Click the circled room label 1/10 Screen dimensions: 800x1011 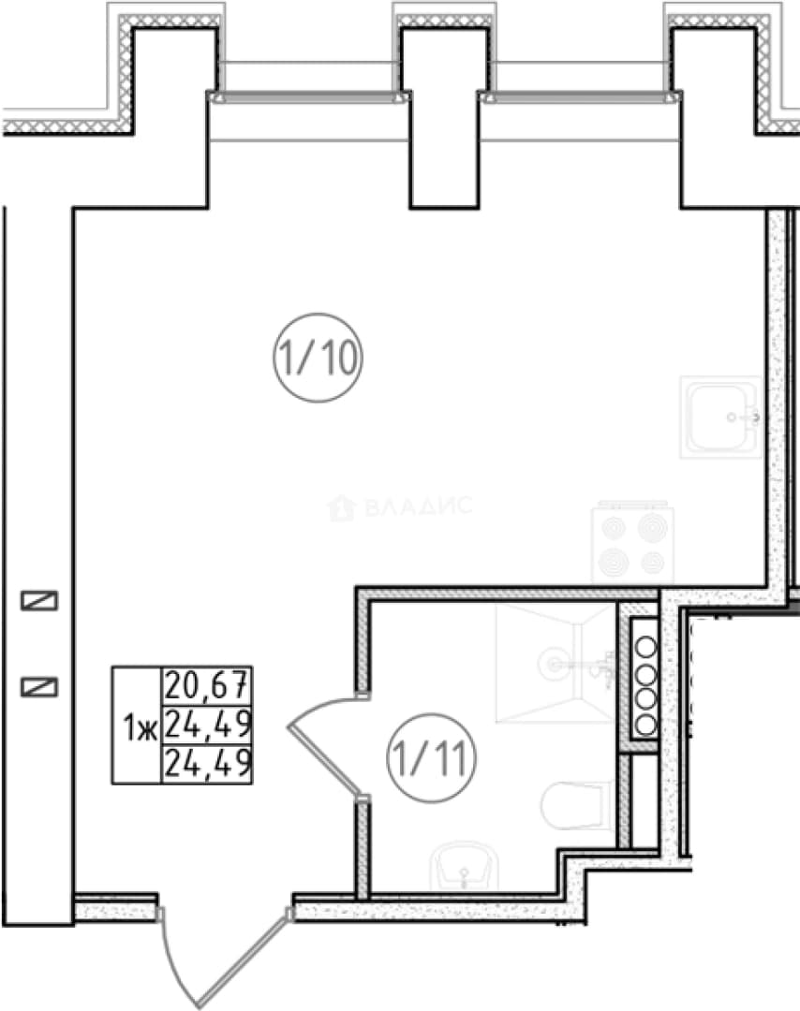[x=319, y=358]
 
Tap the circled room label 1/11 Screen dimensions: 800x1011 [x=431, y=757]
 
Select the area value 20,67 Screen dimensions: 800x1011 [x=207, y=685]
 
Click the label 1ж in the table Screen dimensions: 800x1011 [x=140, y=729]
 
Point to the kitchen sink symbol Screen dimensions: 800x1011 [x=720, y=418]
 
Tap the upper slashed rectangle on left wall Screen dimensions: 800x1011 [x=39, y=601]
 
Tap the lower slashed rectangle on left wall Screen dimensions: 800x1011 [x=39, y=687]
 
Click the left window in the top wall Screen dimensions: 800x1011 [x=308, y=96]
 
